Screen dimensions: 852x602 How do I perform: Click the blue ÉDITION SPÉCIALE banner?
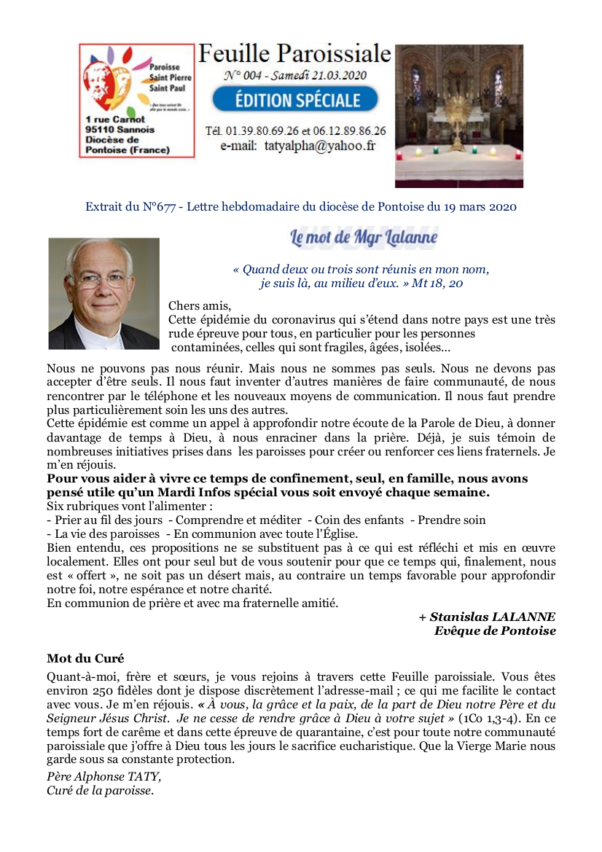[295, 99]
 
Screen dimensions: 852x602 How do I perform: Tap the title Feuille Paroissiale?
[294, 53]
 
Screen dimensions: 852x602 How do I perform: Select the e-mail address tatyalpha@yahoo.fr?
[319, 146]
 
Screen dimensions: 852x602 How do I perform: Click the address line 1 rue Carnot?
[115, 119]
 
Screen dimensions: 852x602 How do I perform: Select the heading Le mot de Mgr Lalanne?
[364, 237]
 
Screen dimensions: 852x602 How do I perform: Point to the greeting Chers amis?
[200, 305]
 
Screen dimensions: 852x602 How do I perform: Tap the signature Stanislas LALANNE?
[492, 617]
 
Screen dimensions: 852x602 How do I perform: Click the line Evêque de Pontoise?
[495, 630]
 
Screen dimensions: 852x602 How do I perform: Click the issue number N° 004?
[248, 75]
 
